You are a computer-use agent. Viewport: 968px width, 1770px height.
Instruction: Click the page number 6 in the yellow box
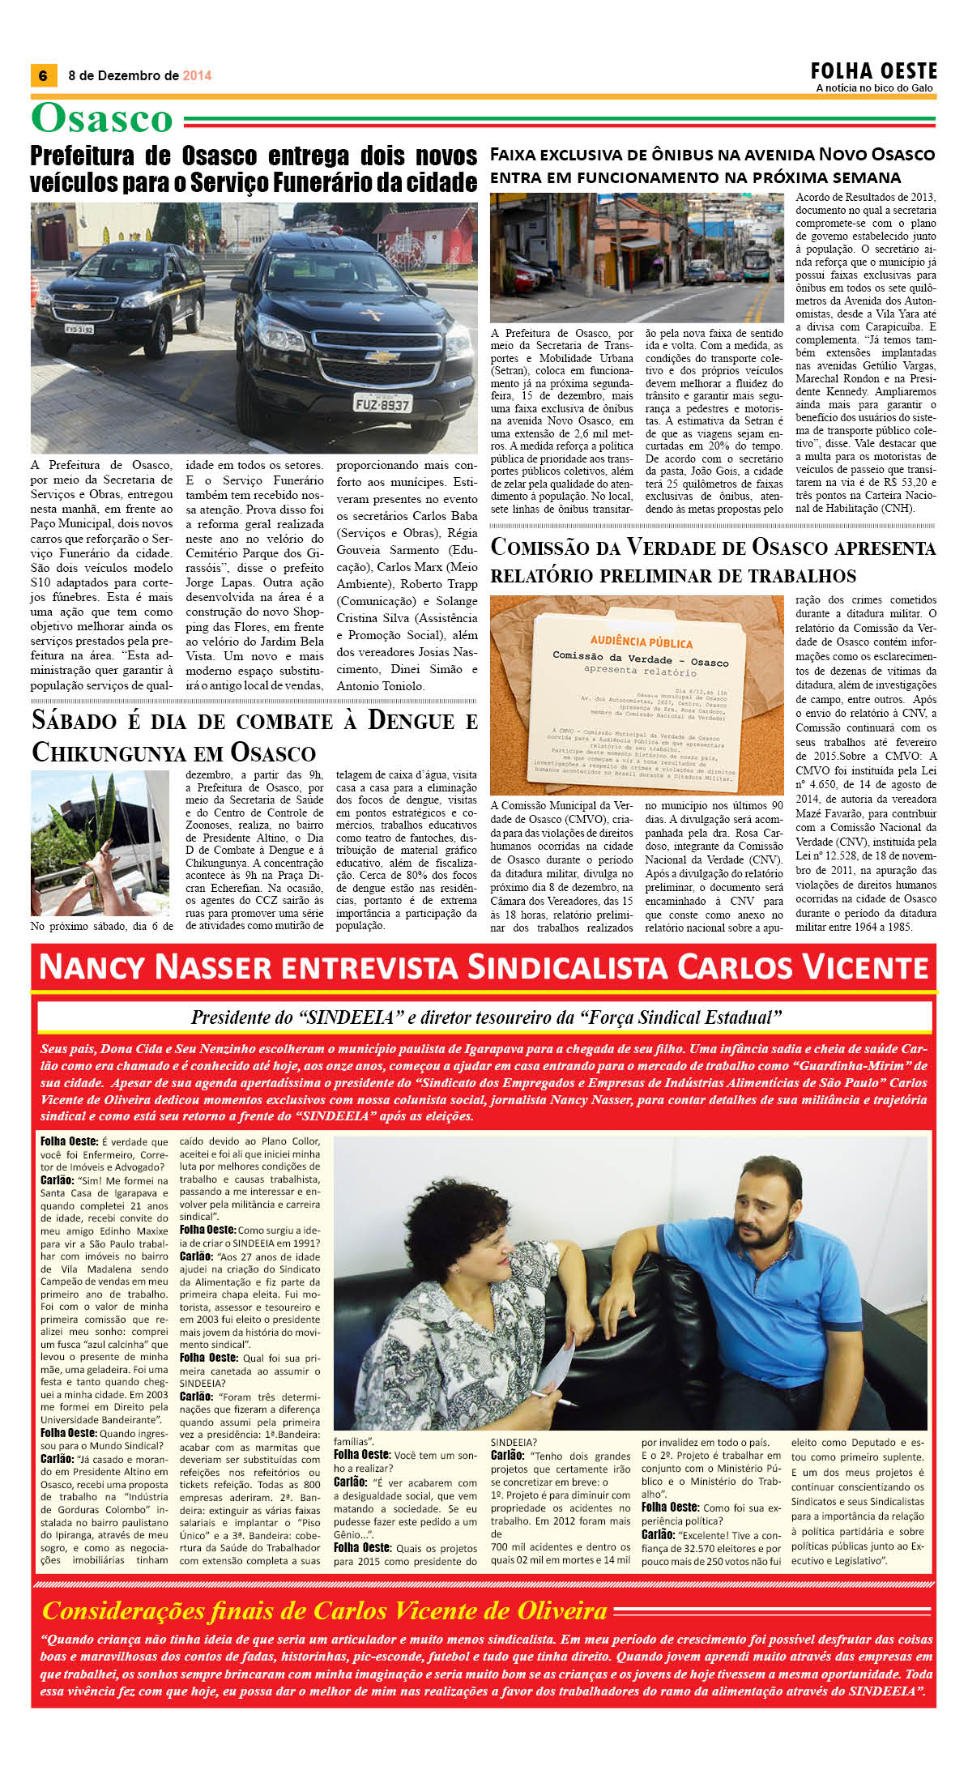point(42,75)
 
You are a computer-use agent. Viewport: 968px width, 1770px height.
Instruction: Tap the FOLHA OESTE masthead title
point(874,71)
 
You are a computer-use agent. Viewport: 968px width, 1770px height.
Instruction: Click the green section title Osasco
point(102,118)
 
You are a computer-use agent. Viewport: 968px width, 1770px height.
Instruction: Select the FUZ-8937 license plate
point(382,403)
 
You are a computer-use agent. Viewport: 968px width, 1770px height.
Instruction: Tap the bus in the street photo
point(757,263)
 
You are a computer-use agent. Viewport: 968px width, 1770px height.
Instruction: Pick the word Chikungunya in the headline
point(111,753)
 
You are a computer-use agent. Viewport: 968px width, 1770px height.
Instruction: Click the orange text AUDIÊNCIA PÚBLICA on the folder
point(642,642)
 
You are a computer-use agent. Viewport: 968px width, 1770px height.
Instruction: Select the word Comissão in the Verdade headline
point(541,548)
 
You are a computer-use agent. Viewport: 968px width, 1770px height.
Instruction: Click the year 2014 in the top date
point(197,75)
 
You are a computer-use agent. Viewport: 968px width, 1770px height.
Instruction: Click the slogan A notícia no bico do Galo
point(874,88)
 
